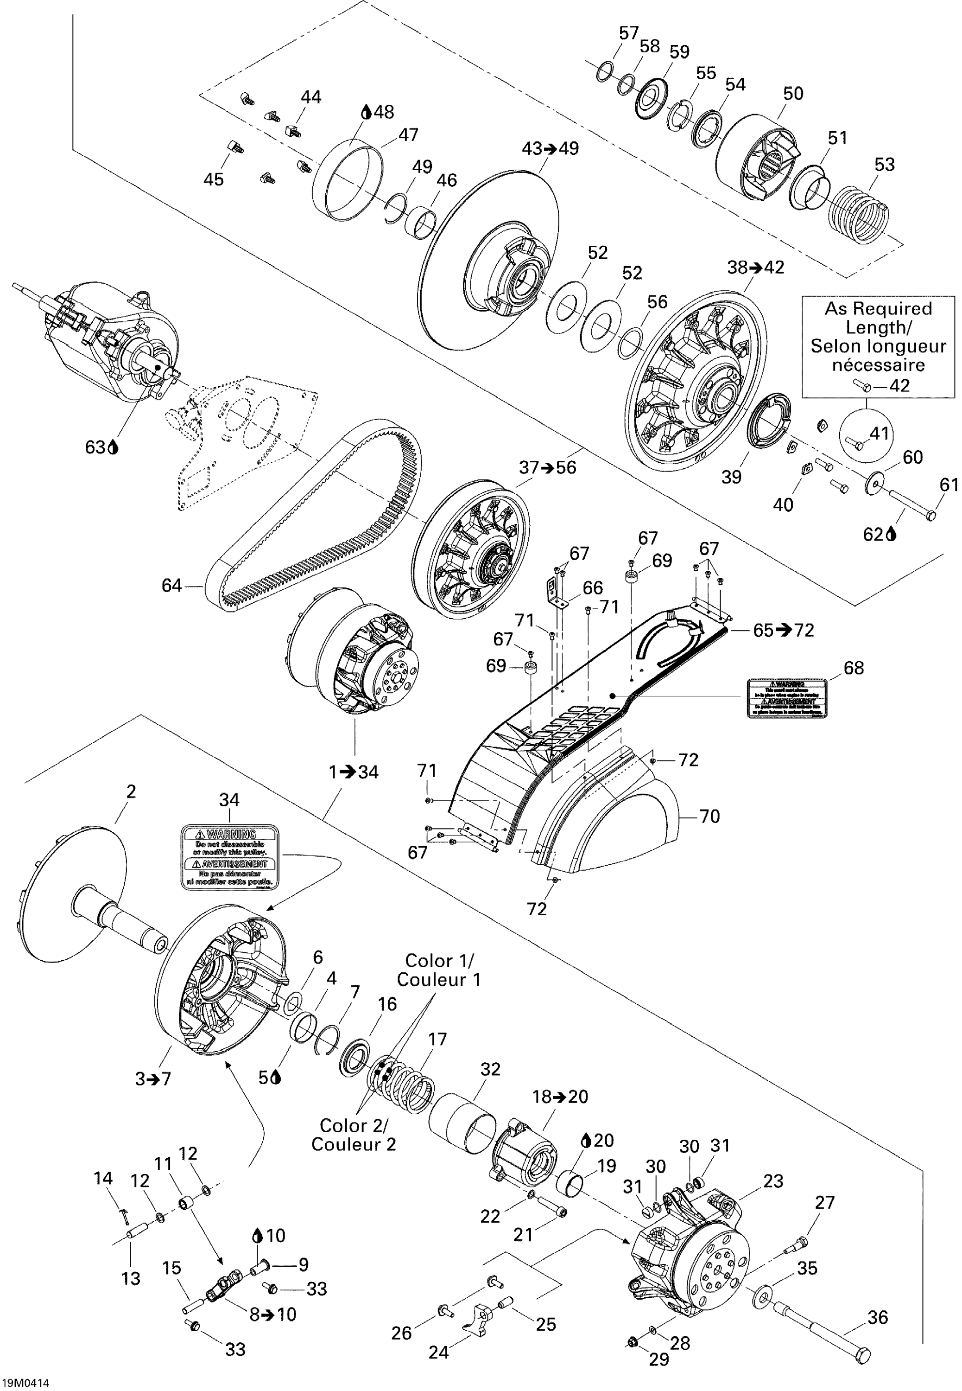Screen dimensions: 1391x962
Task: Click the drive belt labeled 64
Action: [x=313, y=530]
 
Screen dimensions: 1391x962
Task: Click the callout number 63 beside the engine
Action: [x=95, y=447]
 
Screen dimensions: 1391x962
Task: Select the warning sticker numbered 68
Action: [x=786, y=698]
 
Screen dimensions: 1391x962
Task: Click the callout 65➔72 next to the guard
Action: [x=784, y=630]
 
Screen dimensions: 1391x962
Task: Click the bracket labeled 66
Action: [x=557, y=594]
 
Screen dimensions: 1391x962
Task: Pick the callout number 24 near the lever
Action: [x=438, y=1353]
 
